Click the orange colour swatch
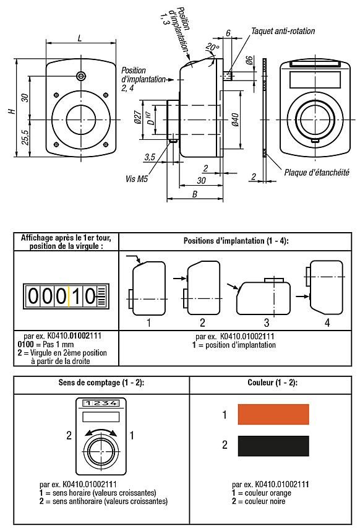273,414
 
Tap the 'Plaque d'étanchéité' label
312,173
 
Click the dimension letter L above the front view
81,38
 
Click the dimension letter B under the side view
195,194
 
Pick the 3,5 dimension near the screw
148,158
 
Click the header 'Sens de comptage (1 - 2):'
101,383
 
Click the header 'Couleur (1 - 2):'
272,383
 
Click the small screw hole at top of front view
81,75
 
